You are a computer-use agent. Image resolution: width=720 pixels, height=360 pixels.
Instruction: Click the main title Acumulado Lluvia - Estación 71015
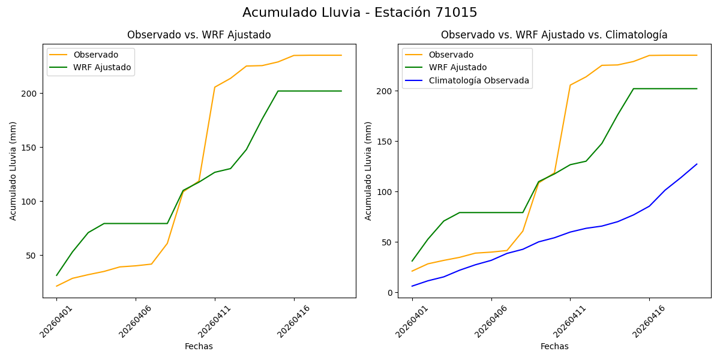[x=360, y=13]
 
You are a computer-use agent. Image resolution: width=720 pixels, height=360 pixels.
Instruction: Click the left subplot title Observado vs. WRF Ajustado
[x=199, y=35]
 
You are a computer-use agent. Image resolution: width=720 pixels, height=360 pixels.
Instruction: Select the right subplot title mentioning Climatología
[x=554, y=35]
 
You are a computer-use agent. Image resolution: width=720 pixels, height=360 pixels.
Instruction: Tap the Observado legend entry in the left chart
[x=96, y=55]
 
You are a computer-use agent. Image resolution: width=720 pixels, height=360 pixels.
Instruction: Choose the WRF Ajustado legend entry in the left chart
[x=102, y=67]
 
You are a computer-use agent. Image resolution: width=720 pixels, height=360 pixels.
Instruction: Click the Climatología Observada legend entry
[x=479, y=80]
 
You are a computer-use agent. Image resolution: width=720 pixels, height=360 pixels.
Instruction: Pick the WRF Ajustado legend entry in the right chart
[x=457, y=67]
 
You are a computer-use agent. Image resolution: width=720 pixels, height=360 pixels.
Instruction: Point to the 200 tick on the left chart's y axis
[x=31, y=94]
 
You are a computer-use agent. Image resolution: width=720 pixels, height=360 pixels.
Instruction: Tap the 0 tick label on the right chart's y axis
[x=389, y=293]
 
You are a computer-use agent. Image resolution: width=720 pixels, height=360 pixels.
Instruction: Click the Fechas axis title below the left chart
[x=199, y=346]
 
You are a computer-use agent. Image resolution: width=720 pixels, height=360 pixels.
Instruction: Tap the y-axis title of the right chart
[x=368, y=170]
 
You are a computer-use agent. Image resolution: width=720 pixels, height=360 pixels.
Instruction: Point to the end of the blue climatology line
[x=697, y=164]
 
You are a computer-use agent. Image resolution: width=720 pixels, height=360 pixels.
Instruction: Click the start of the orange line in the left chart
[x=56, y=286]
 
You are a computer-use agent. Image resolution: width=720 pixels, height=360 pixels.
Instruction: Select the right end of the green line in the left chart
[x=341, y=91]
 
